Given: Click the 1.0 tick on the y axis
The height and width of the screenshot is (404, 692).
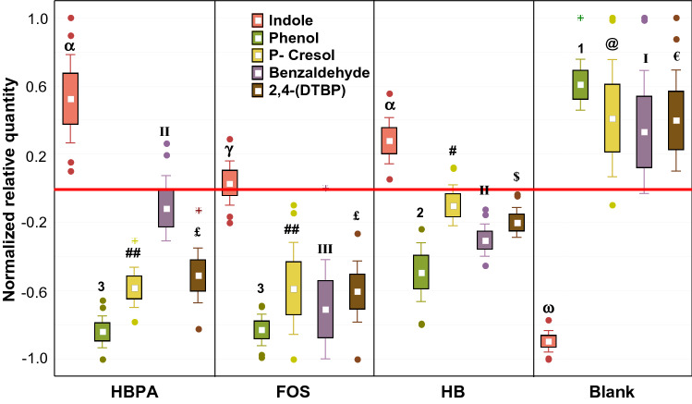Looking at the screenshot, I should (34, 18).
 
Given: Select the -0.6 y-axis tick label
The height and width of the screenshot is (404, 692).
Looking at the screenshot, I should (31, 292).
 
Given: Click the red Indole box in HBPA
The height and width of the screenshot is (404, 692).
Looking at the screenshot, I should (70, 98).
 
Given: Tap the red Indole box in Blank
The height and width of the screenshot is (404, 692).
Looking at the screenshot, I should (548, 341).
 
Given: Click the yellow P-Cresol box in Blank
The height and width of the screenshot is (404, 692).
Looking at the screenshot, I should (612, 117).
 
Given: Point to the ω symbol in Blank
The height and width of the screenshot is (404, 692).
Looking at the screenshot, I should (548, 309).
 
